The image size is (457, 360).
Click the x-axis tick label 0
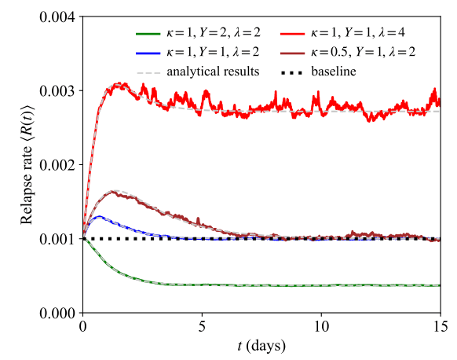coord(83,325)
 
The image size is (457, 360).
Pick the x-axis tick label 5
coord(203,325)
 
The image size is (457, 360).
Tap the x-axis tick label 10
coord(322,325)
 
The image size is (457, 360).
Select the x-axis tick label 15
coord(441,325)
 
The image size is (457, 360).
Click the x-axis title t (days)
coord(262,344)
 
